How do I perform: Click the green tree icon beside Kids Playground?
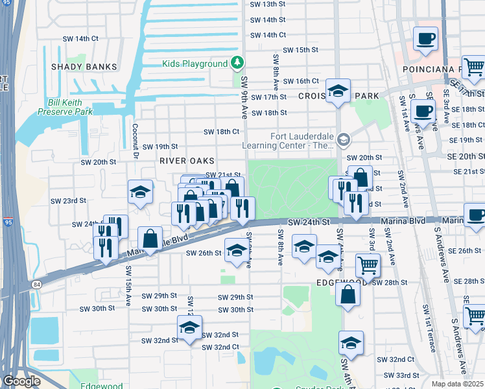click(238, 63)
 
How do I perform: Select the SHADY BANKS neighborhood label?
click(86, 67)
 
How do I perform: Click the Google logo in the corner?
click(21, 381)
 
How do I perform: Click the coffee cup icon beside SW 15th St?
click(425, 39)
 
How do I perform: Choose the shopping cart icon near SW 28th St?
click(367, 265)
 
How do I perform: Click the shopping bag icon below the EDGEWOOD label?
click(348, 295)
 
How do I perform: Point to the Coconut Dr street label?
click(136, 141)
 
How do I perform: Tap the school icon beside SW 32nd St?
click(189, 328)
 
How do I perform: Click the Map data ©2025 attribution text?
click(458, 384)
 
